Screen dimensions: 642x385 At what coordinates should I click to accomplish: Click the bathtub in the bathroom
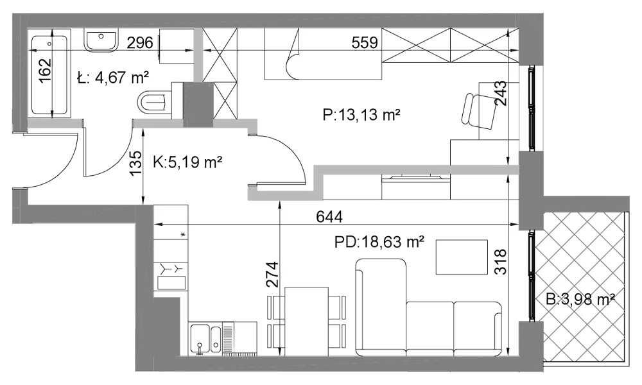49,75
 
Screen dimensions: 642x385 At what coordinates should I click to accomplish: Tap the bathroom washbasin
100,40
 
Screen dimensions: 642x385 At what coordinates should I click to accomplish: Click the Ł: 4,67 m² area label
113,78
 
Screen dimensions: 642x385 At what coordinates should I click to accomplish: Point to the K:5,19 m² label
187,162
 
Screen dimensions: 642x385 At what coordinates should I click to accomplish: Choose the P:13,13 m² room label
361,116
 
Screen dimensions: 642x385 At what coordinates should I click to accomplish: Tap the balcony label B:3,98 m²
580,300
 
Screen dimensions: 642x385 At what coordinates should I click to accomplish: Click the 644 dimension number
329,216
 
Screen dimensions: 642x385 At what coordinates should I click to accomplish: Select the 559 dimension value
365,42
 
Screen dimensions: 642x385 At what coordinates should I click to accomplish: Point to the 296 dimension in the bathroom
139,42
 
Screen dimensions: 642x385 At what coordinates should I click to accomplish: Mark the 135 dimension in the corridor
135,163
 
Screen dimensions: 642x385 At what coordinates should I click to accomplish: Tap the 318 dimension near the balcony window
501,261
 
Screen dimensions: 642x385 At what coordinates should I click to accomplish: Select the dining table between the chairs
307,321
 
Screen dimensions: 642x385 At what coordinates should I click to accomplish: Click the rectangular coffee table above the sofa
462,257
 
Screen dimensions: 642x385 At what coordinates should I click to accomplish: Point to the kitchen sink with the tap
205,339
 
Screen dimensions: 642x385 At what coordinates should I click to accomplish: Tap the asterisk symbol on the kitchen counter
183,234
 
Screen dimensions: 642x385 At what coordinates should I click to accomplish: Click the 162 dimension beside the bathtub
46,71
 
